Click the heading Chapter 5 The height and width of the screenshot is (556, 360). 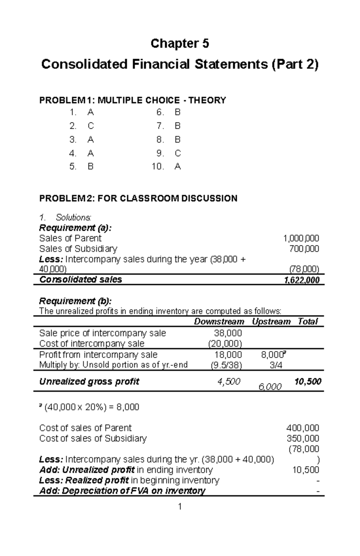[179, 44]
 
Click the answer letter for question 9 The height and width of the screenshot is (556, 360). [178, 153]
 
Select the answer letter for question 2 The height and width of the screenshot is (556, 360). [91, 126]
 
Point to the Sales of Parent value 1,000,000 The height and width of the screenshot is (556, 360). [301, 239]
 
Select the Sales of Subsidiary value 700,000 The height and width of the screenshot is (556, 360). [304, 249]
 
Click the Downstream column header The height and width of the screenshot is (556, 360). [219, 322]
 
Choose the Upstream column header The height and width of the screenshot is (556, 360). [271, 322]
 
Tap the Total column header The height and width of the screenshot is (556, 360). [307, 322]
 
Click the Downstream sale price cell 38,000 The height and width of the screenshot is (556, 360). [228, 333]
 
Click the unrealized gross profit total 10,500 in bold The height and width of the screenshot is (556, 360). [308, 382]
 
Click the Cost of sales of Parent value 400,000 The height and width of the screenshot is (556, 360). [302, 428]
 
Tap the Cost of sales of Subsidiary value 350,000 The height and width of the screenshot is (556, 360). [302, 439]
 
